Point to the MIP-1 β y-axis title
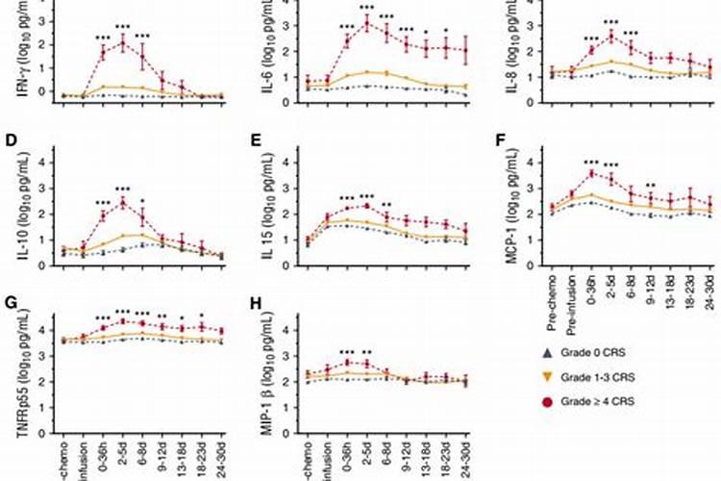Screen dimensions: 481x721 click(266, 370)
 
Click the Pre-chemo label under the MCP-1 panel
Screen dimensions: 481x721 click(551, 302)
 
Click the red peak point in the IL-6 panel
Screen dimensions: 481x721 click(366, 23)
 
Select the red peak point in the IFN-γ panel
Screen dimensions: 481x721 click(123, 42)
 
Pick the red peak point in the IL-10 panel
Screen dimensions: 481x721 click(123, 203)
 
